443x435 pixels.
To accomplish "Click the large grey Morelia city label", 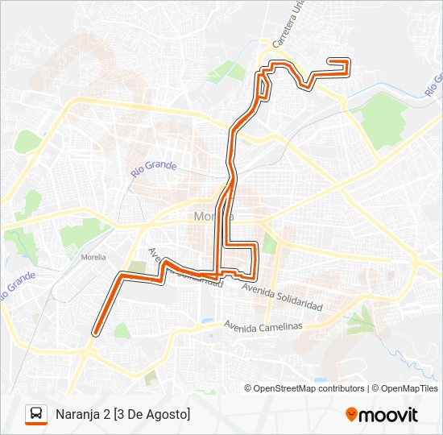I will [213, 216].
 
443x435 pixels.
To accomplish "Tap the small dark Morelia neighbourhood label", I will [94, 258].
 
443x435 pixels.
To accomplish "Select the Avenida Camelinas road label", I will [263, 326].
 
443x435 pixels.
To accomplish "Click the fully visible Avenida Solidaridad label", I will [282, 297].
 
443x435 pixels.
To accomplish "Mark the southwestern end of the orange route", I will [96, 331].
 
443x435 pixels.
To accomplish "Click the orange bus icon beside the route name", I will [36, 414].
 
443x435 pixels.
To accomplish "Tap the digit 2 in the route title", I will [108, 414].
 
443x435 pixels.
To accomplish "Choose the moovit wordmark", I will [389, 415].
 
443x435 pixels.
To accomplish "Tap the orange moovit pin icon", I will [351, 415].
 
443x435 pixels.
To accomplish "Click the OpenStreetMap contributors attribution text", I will [309, 388].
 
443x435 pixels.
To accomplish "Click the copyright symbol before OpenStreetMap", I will [248, 388].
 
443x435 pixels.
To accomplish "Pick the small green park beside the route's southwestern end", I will [122, 330].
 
